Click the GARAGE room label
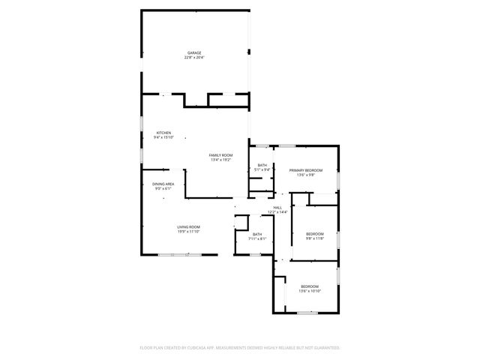tap(193, 52)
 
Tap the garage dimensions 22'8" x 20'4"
tap(193, 58)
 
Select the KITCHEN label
tap(163, 133)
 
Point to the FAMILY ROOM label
tap(220, 154)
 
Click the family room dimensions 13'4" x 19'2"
tap(220, 160)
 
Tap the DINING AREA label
tap(163, 184)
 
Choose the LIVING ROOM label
tap(188, 226)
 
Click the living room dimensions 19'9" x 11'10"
tap(188, 232)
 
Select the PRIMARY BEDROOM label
tap(306, 170)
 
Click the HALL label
tap(277, 207)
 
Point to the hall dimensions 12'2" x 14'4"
tap(277, 212)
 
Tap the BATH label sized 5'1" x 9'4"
tap(262, 165)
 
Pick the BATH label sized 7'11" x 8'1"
tap(257, 234)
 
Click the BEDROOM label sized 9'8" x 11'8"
tap(314, 234)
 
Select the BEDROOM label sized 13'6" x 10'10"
tap(310, 286)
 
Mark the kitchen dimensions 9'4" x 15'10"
tap(163, 138)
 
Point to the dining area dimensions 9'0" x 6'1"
tap(163, 189)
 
